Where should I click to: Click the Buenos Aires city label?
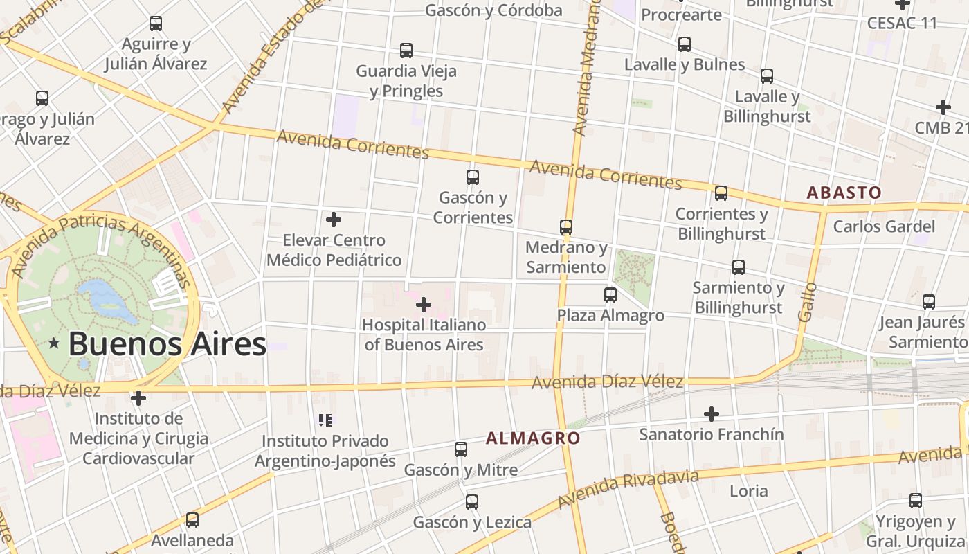coord(167,344)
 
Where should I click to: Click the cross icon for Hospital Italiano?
coord(424,304)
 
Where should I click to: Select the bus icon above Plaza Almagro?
coord(610,295)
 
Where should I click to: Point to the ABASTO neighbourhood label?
coord(844,193)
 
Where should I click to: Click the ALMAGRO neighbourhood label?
coord(533,438)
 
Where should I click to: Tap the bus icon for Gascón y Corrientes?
coord(473,177)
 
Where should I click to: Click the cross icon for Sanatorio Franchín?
coord(711,414)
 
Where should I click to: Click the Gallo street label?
coord(807,301)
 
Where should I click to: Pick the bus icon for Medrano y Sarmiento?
coord(566,227)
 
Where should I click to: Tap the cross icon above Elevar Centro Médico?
coord(334,220)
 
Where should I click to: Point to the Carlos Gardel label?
coord(884,226)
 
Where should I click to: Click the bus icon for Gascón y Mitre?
coord(461,449)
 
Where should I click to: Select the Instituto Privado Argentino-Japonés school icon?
coord(325,420)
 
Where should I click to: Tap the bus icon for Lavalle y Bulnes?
coord(685,44)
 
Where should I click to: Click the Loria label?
coord(749,491)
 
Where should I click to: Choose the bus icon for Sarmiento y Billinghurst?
coord(739,267)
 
